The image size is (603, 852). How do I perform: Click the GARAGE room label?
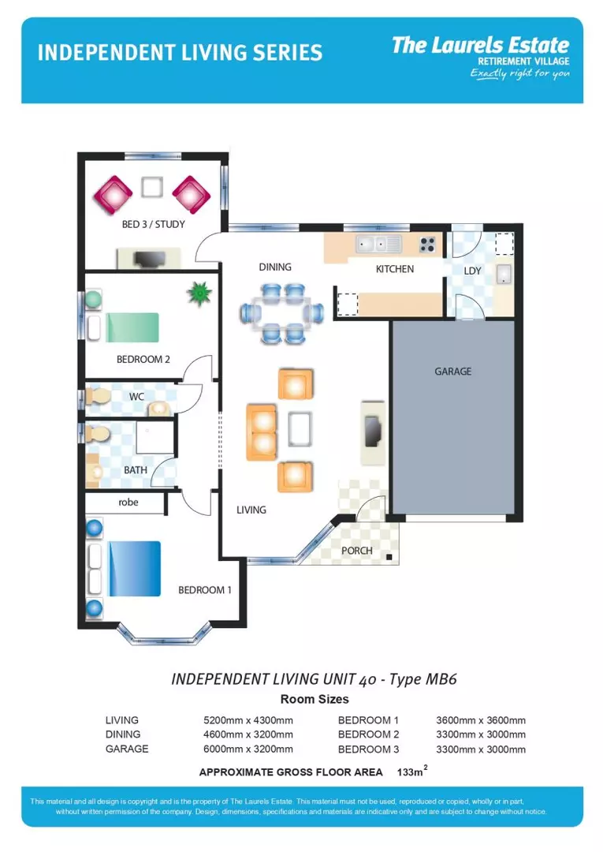[452, 371]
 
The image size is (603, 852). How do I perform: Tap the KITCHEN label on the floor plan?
[394, 269]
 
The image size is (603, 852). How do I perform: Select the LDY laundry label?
[472, 271]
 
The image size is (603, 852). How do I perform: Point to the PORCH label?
[356, 551]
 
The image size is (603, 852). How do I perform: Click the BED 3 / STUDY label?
[153, 224]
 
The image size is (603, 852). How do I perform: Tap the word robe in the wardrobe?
[128, 502]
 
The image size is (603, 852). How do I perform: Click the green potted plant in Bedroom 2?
[200, 294]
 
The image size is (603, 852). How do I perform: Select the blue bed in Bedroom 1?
[134, 568]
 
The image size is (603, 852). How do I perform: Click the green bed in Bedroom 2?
[132, 327]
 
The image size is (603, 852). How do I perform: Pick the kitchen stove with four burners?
[428, 245]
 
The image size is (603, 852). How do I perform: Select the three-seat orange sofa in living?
[262, 431]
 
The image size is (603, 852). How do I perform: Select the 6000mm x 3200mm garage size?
[248, 749]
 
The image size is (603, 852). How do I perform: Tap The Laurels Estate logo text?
[480, 45]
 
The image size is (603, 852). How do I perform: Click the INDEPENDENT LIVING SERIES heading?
[180, 53]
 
